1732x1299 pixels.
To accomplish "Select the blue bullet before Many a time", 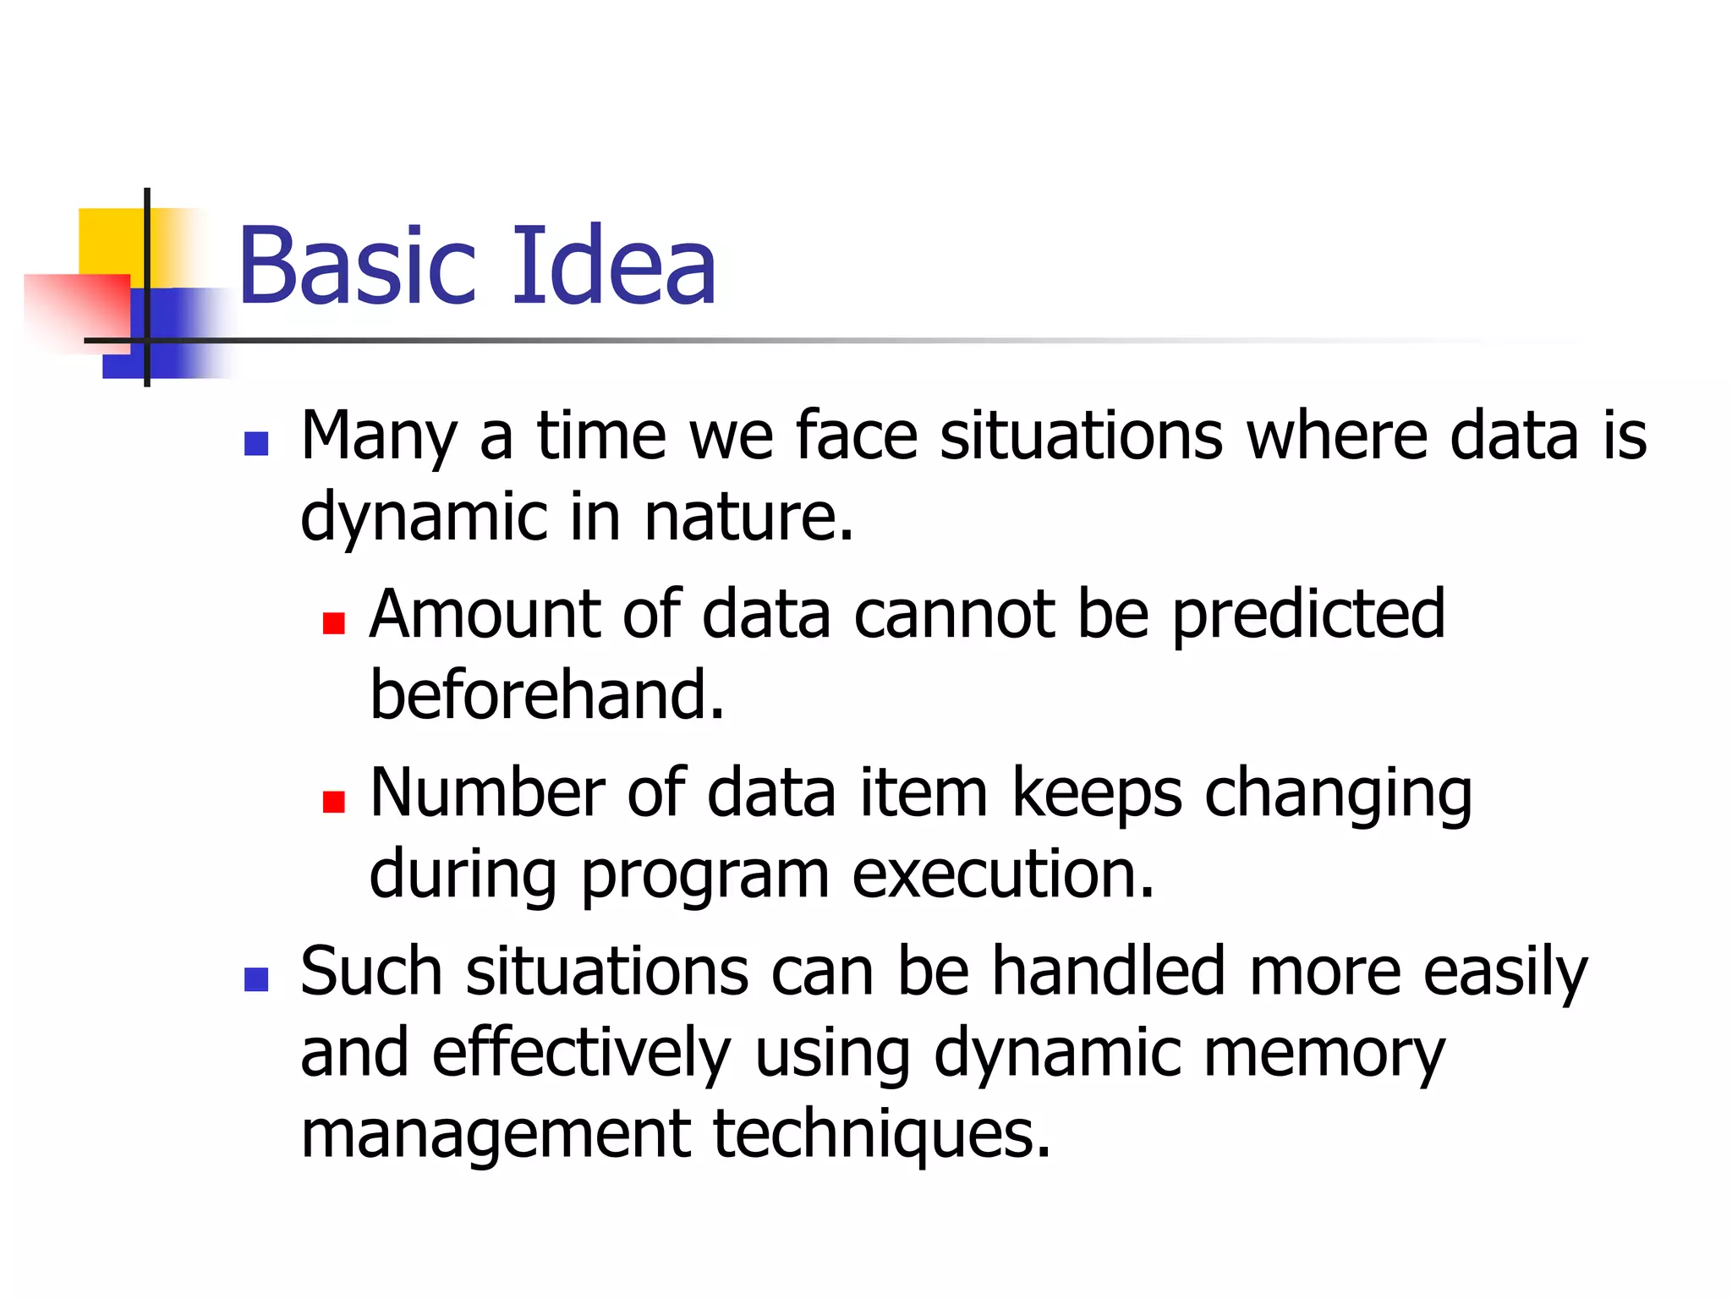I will [255, 443].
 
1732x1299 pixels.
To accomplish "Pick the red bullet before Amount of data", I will [333, 623].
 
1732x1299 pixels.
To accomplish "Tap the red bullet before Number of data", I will [333, 801].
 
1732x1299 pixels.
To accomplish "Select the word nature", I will [748, 517].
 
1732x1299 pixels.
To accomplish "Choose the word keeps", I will [1097, 795].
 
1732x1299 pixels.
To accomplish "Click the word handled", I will [1109, 971].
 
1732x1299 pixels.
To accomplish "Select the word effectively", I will [581, 1053].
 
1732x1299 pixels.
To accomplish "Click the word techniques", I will [882, 1134].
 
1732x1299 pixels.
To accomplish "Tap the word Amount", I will [485, 614].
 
